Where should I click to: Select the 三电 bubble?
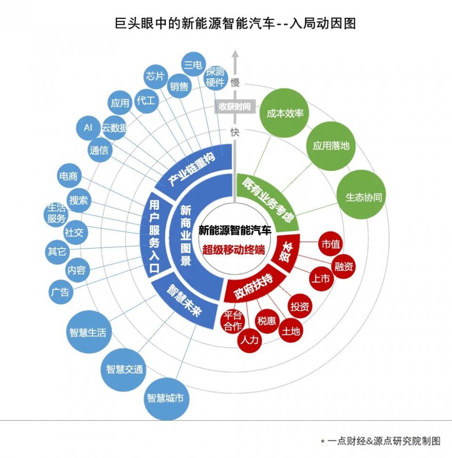pos(193,65)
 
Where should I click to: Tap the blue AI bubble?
pos(88,128)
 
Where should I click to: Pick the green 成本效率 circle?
pos(284,114)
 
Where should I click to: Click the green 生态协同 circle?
pos(363,197)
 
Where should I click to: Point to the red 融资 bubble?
pos(344,266)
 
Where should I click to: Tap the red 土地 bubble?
pos(291,331)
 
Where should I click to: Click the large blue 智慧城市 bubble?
pos(164,399)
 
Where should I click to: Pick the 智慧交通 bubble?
pos(124,369)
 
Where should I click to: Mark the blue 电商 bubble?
pos(68,177)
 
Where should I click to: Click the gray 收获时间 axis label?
pos(234,107)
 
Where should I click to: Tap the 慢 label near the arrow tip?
pos(235,83)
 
